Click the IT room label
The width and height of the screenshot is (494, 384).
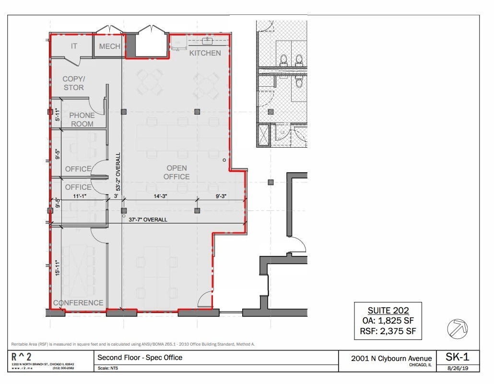(x=74, y=46)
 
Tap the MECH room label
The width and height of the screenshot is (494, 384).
(x=109, y=47)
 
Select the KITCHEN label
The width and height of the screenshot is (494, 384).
(x=205, y=53)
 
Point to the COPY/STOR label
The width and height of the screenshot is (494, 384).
(x=73, y=83)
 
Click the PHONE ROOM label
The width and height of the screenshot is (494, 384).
(x=82, y=119)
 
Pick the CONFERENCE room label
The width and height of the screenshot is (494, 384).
(x=78, y=303)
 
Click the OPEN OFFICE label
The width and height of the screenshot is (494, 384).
(x=176, y=172)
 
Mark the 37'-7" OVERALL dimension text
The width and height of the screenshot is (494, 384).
(x=148, y=220)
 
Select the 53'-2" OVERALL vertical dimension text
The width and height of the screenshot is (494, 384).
(x=118, y=172)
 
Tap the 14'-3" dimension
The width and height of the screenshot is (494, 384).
(x=162, y=196)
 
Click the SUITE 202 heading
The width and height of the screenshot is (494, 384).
(x=388, y=311)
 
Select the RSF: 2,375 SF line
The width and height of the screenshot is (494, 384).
(x=388, y=331)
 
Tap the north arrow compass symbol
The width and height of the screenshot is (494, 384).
(x=457, y=329)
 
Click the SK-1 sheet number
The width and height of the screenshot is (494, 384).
(x=457, y=357)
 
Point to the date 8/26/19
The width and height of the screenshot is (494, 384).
(x=457, y=368)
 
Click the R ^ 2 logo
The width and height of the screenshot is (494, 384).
(x=23, y=358)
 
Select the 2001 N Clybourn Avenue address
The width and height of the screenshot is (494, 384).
(x=391, y=358)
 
